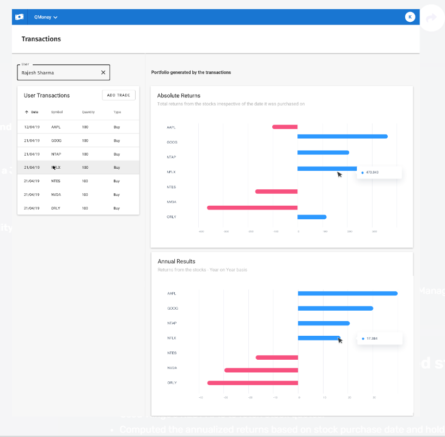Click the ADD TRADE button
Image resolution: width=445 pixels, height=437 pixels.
(x=118, y=95)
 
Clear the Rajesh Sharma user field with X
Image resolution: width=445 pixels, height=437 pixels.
(x=103, y=72)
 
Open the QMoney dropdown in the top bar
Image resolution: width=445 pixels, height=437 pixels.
(x=46, y=17)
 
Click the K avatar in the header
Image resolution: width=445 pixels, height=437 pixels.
(x=410, y=17)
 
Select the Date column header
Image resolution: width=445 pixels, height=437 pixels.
(x=34, y=112)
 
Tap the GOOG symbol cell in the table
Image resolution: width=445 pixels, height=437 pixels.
(x=56, y=140)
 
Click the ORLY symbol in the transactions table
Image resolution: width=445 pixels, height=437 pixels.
(x=56, y=208)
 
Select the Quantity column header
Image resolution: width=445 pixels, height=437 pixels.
(x=88, y=112)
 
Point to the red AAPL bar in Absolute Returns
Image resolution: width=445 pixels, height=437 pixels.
(x=285, y=127)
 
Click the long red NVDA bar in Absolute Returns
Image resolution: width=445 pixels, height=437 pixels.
(x=252, y=207)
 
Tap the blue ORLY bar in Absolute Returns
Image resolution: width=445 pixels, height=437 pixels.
(x=312, y=217)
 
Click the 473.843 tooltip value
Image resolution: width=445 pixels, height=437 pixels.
(x=373, y=173)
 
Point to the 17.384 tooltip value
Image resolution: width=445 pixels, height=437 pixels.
(x=372, y=338)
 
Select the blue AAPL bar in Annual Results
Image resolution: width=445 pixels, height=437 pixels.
(x=347, y=293)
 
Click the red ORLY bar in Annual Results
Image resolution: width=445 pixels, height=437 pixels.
(x=252, y=383)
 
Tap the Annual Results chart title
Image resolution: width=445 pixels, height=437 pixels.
(x=176, y=261)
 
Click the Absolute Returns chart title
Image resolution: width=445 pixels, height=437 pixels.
(x=179, y=96)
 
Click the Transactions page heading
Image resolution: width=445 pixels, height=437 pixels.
(x=41, y=39)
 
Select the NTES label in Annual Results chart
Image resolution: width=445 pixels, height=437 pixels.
(x=172, y=353)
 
